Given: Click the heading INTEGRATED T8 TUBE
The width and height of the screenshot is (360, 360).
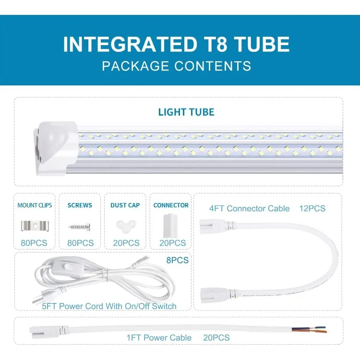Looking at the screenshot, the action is point(176,44).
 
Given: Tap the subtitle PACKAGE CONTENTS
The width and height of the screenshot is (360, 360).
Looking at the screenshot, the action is point(176,66).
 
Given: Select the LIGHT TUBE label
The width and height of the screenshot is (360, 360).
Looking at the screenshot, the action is point(186,112).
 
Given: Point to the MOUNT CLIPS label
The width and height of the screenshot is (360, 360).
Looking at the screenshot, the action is point(34,205).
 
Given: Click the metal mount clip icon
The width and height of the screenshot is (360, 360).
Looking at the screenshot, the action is point(34,225).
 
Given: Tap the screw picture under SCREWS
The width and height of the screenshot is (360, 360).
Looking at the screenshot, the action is point(80,225).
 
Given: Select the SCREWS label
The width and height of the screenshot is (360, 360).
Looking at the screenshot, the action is point(80,205).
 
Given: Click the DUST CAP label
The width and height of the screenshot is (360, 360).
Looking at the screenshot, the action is point(125,205).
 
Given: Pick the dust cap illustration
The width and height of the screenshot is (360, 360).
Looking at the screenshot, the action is point(125,225).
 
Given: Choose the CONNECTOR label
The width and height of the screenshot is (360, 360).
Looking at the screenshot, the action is point(171,205).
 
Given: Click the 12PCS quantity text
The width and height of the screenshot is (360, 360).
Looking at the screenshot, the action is point(312,208).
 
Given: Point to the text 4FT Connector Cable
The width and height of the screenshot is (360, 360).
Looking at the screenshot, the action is point(249,208).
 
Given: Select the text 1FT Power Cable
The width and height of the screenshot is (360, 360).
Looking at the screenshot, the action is point(159,338).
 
